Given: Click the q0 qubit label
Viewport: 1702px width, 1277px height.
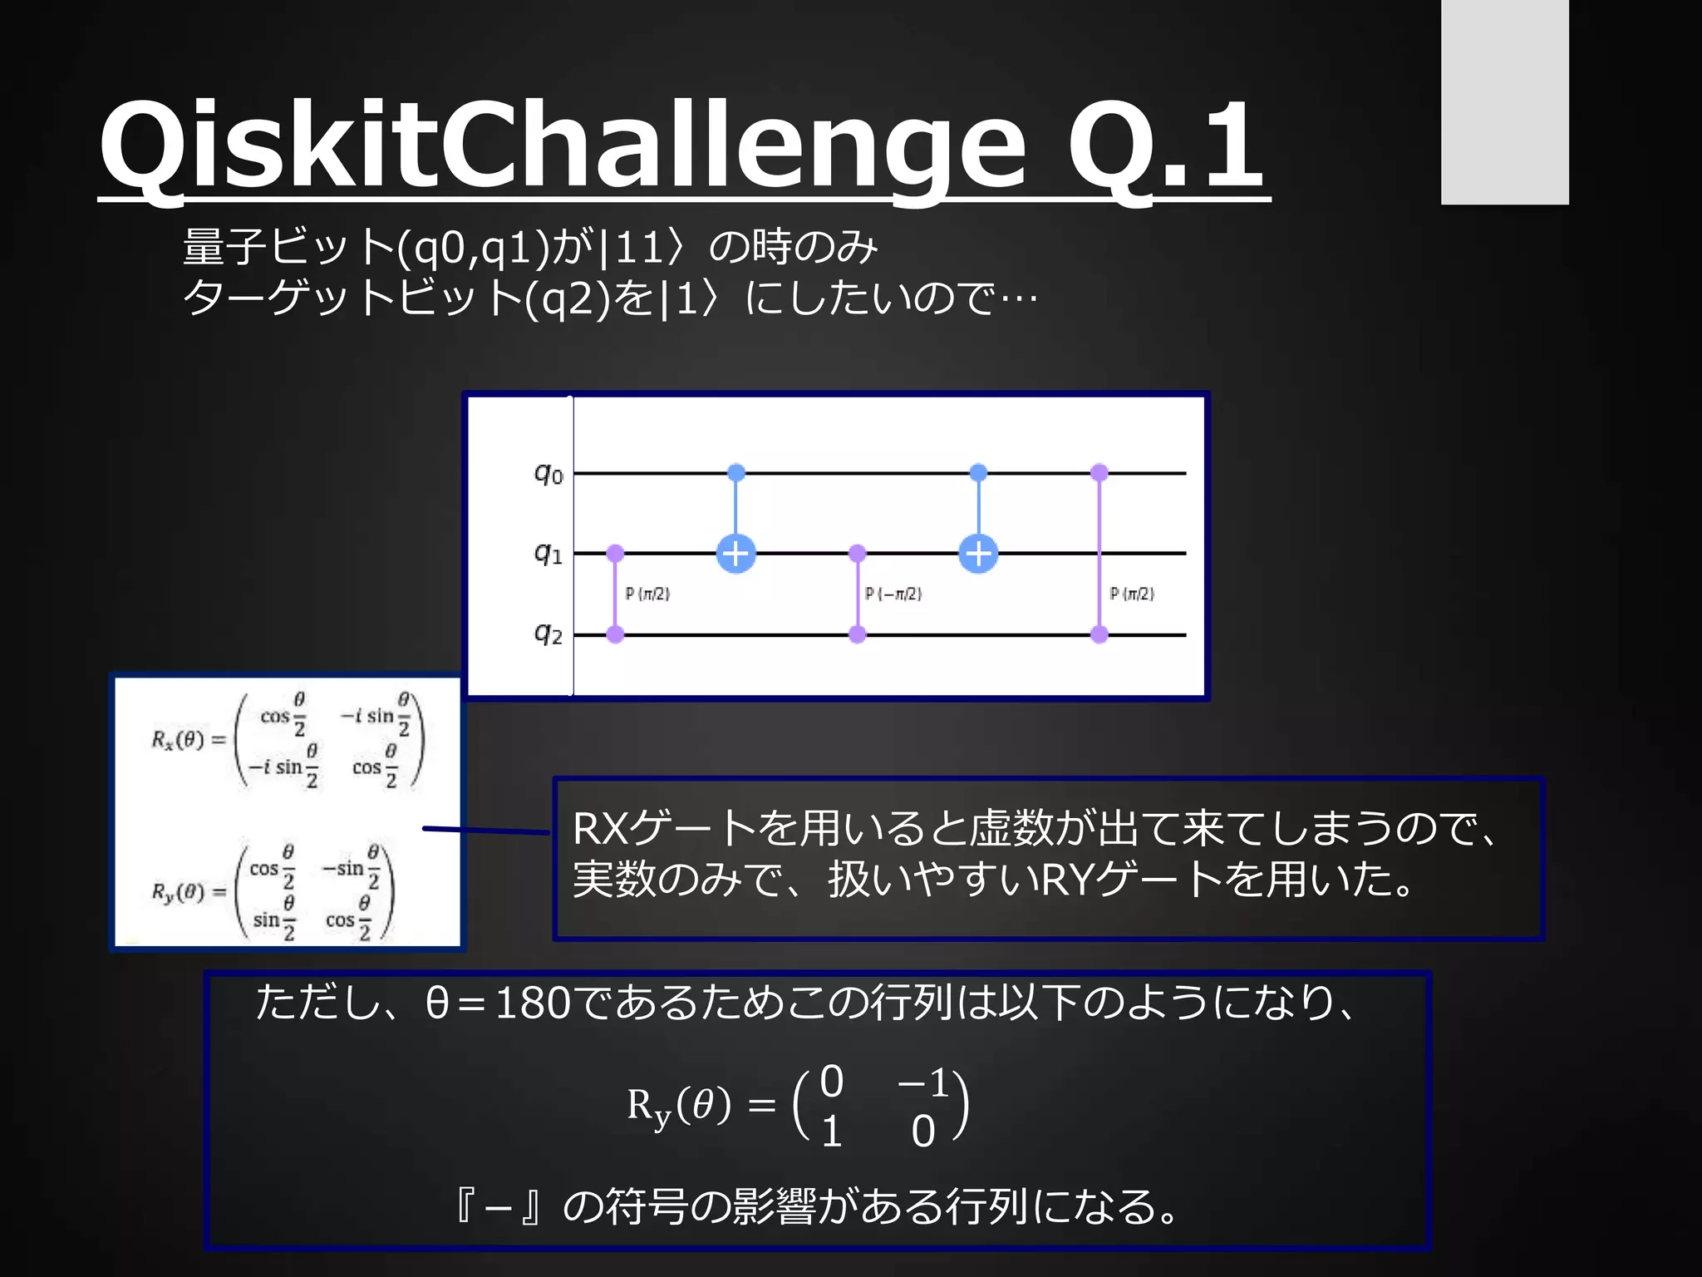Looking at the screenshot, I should coord(548,474).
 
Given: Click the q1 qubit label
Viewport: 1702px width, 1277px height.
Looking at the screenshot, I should coord(548,553).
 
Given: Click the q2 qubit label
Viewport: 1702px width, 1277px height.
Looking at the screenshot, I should coord(548,634).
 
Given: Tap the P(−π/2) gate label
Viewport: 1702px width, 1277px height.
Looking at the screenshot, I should coord(893,594).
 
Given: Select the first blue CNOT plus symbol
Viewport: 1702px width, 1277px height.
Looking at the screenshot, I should coord(736,554).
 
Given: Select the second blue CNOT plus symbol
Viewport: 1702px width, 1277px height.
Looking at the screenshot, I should coord(978,554).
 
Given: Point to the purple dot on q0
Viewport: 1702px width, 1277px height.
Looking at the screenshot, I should coord(1099,473).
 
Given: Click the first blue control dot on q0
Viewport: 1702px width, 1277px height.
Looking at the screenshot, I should coord(736,473).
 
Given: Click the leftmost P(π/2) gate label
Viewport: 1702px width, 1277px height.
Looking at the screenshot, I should coord(647,594).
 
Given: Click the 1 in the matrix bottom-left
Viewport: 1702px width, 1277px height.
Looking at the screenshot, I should coord(831,1132).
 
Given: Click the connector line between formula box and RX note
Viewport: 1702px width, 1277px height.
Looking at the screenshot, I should coord(486,830).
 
